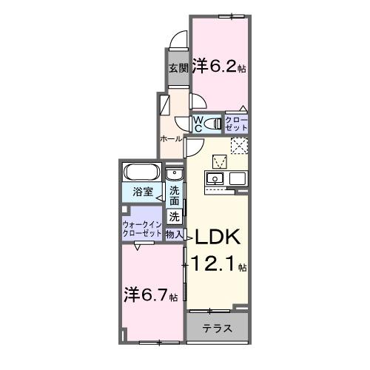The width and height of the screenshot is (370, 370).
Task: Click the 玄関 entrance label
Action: [178, 69]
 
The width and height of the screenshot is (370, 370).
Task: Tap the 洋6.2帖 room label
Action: [220, 65]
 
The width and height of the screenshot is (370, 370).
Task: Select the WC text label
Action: [198, 122]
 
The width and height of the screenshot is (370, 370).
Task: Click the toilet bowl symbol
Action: [213, 123]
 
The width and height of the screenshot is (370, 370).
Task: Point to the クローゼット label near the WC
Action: [237, 123]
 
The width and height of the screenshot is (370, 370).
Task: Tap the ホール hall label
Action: [171, 138]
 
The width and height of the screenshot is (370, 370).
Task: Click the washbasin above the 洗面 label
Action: [174, 175]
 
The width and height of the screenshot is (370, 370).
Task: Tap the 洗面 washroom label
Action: [175, 195]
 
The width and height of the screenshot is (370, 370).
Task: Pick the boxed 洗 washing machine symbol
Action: [174, 217]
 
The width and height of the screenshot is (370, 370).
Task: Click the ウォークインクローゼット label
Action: [142, 226]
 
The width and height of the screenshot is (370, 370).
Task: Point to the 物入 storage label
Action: [175, 235]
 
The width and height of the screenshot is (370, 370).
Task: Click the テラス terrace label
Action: [218, 329]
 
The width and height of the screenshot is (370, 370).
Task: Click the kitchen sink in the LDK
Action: [215, 179]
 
